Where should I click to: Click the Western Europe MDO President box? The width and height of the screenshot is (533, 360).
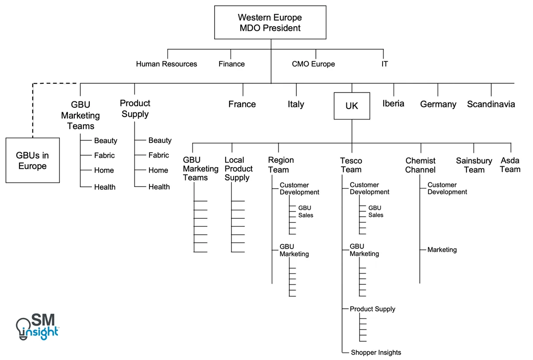coord(270,23)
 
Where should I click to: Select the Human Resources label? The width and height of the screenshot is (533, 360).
coord(166,64)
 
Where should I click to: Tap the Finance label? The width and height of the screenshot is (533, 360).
coord(231,64)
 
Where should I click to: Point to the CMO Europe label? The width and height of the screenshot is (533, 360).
coord(313,64)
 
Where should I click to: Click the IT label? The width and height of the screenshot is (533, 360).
coord(384,64)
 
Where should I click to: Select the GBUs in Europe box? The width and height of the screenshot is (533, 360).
coord(33,160)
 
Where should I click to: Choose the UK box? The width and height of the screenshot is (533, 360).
coord(352,106)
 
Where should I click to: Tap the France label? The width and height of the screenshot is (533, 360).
coord(242,104)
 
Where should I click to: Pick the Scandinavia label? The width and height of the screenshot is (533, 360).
coord(491,104)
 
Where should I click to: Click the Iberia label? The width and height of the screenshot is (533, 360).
coord(393,104)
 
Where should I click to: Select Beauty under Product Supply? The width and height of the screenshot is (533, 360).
coord(160,140)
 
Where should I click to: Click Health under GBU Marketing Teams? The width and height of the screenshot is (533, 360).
coord(105,187)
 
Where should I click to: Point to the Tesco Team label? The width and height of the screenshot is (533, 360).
coord(351,165)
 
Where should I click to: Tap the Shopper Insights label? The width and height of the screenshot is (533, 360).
coord(376,352)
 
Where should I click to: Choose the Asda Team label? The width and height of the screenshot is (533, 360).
coord(510,165)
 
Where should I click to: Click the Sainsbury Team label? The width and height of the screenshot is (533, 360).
coord(474,165)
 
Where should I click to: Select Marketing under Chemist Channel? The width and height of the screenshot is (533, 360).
coord(442,250)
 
